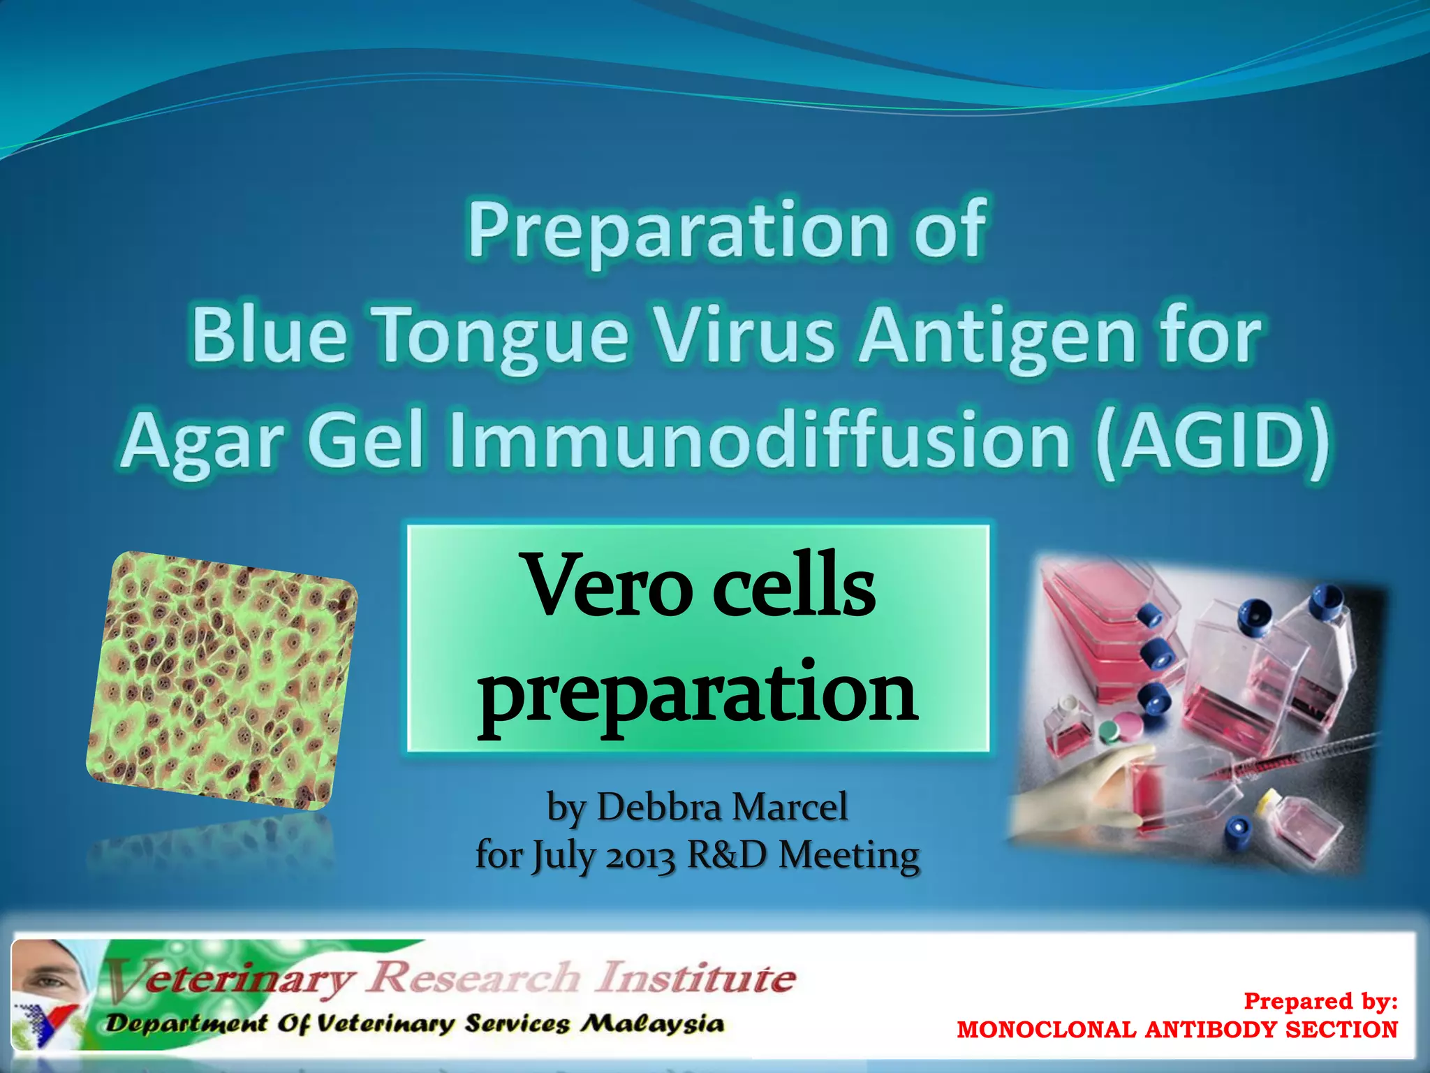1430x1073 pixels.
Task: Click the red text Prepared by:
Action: [x=1320, y=1001]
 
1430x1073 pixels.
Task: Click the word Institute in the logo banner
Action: [x=695, y=977]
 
